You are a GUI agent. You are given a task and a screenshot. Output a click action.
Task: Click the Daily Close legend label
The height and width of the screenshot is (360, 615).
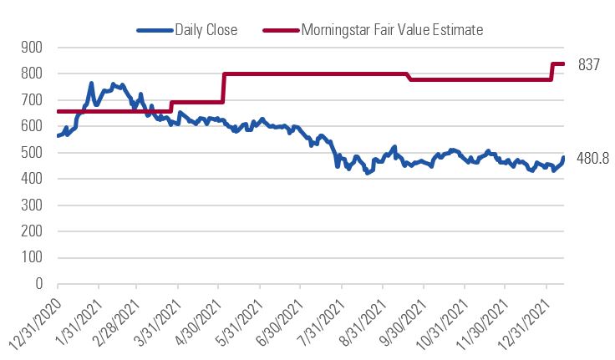click(x=206, y=30)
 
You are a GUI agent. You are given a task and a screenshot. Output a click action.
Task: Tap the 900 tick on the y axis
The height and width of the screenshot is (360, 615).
click(x=31, y=48)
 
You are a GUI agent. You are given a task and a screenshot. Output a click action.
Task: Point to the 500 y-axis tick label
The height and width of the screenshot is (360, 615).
click(x=31, y=153)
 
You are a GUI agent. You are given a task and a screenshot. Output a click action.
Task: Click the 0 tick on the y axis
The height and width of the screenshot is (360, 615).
click(x=38, y=284)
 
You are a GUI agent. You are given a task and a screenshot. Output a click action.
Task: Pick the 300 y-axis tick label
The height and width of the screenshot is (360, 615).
click(x=31, y=205)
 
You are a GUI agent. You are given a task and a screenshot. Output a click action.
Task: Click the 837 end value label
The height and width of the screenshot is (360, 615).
click(x=589, y=64)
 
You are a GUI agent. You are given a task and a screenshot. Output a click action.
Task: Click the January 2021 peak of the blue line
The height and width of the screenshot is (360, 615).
click(x=91, y=84)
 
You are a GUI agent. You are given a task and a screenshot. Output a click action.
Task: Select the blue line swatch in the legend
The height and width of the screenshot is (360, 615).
click(x=155, y=30)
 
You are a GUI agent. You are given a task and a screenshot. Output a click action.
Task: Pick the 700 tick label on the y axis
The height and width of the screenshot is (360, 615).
click(x=31, y=100)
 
